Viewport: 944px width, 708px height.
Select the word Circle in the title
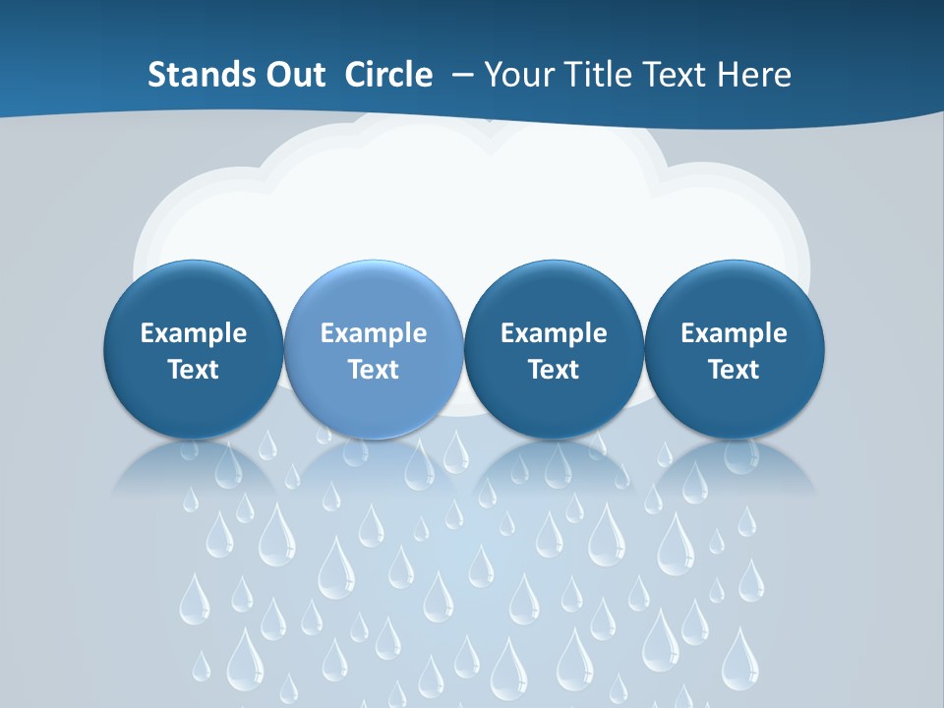click(x=388, y=75)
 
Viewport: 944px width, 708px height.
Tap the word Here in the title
click(x=756, y=75)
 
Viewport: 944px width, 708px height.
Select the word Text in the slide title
click(x=674, y=75)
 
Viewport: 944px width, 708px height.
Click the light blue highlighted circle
click(x=374, y=349)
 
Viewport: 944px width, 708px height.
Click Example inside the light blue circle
click(x=374, y=333)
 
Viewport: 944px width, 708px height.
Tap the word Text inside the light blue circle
click(x=374, y=370)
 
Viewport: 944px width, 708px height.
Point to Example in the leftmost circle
click(x=194, y=333)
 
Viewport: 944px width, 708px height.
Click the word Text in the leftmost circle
click(x=194, y=370)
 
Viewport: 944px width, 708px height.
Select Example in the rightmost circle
click(x=734, y=333)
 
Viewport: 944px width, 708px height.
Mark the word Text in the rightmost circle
click(x=734, y=370)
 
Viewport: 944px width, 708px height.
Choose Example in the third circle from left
click(x=554, y=333)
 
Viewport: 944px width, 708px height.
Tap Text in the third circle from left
click(x=554, y=370)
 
